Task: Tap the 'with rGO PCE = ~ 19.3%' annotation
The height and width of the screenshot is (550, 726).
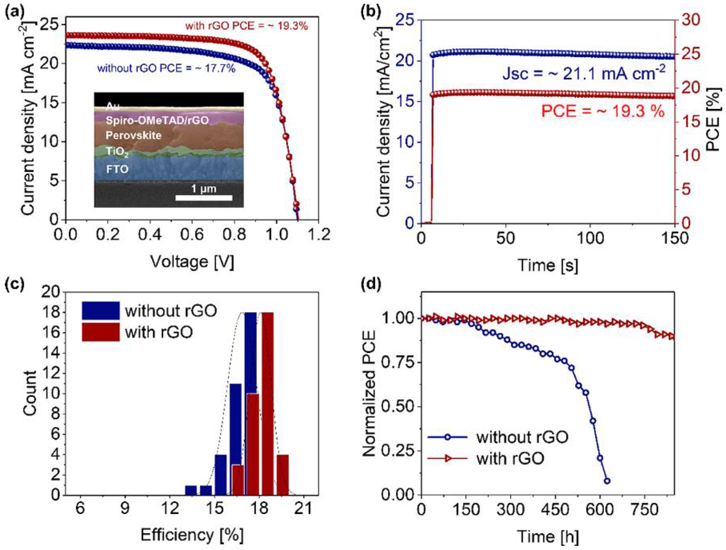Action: [x=247, y=26]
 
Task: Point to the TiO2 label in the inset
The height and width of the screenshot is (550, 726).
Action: [x=117, y=152]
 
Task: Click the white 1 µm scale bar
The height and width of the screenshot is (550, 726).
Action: [x=204, y=198]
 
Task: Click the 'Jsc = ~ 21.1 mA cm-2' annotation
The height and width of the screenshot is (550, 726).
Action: [x=583, y=73]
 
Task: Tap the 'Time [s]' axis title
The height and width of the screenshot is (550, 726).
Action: [x=548, y=265]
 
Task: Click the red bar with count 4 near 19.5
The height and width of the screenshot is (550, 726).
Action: [x=283, y=474]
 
